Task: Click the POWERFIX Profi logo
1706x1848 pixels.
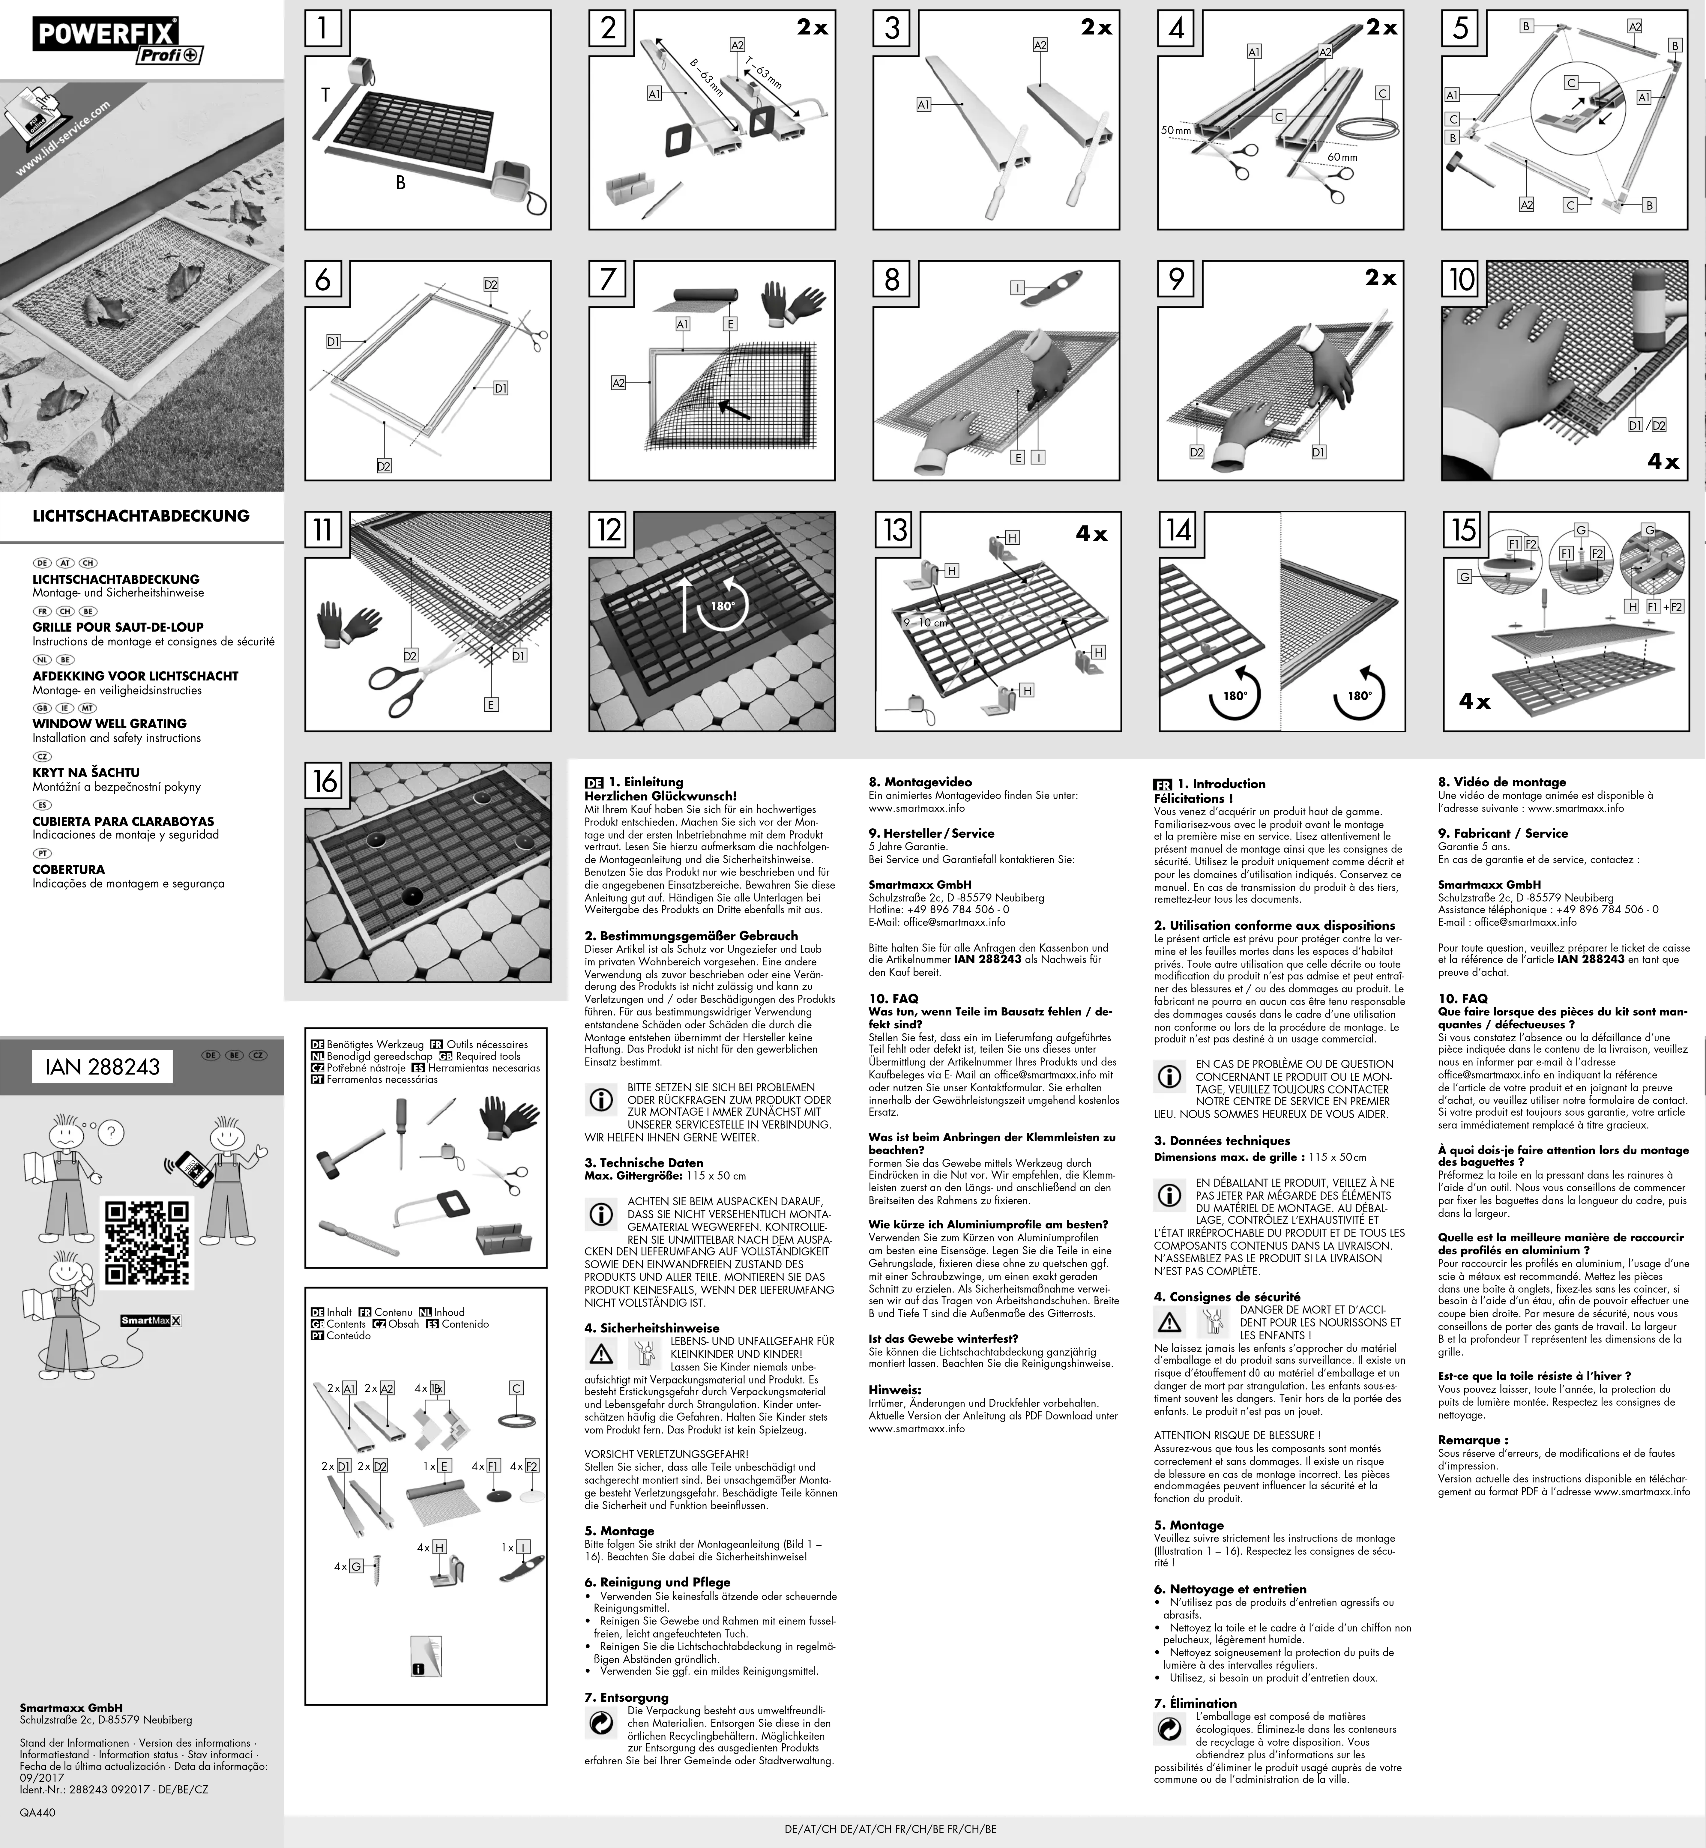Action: [118, 42]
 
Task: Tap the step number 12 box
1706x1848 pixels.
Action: [608, 530]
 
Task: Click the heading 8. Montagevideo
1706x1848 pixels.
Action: [920, 782]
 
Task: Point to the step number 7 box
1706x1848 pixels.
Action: [606, 279]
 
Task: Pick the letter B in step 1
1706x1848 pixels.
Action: [401, 183]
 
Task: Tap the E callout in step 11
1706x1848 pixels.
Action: [491, 704]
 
